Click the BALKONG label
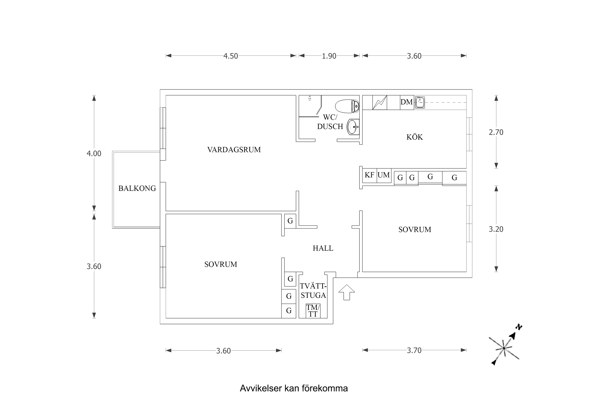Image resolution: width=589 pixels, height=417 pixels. click(137, 188)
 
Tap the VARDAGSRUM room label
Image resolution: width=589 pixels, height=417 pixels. click(234, 150)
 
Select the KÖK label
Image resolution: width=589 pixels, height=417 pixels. click(415, 137)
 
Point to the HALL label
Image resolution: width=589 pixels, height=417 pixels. click(323, 248)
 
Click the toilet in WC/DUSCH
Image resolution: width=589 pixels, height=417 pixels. click(347, 106)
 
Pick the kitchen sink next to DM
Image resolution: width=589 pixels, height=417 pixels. click(420, 102)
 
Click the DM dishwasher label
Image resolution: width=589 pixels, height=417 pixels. click(407, 102)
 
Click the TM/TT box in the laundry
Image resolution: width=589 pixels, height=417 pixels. click(313, 311)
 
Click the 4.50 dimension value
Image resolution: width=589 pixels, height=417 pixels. click(231, 56)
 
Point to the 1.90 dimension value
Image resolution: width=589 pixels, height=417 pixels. click(329, 56)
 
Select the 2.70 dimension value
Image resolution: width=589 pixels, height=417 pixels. click(496, 132)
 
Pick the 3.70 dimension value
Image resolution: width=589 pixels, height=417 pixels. click(414, 350)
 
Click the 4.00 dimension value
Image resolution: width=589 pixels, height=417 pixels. click(94, 154)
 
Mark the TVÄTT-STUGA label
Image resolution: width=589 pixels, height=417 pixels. click(313, 291)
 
